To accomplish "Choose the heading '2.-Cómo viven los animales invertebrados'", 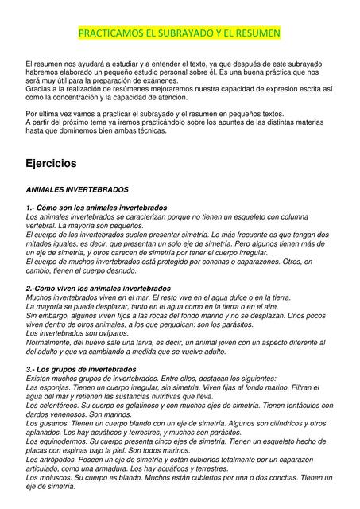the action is pos(98,288).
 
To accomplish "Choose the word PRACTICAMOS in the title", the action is pos(110,34).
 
